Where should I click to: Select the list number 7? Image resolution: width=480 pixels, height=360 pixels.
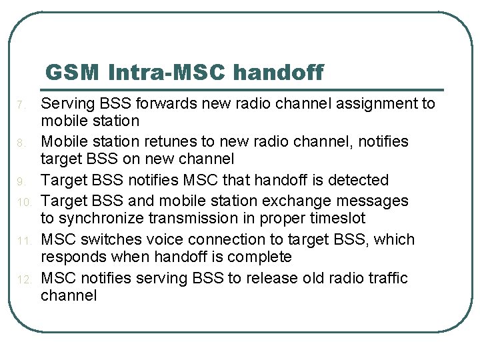[21, 105]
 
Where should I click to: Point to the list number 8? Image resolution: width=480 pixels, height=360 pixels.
[21, 143]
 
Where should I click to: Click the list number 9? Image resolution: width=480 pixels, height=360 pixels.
[21, 181]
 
